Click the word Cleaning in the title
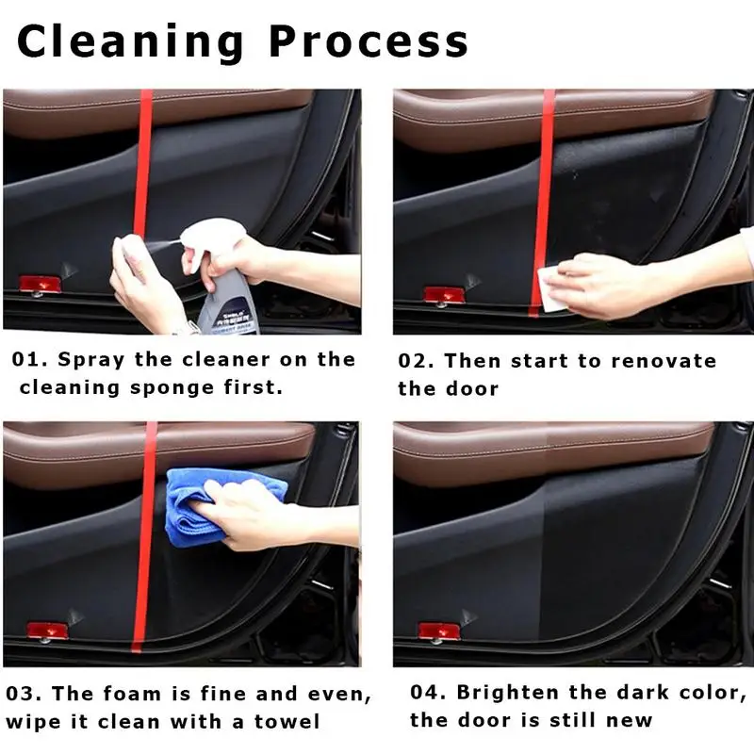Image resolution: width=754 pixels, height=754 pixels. [x=131, y=42]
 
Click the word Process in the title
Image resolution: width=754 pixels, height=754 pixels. [x=369, y=42]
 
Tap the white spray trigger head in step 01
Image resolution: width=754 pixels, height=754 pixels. [x=211, y=238]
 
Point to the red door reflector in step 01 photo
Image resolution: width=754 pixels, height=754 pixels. [x=41, y=284]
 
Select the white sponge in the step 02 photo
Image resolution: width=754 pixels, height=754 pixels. [x=553, y=289]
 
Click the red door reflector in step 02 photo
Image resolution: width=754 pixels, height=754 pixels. [x=444, y=294]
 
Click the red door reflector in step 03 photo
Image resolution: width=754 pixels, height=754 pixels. [x=47, y=630]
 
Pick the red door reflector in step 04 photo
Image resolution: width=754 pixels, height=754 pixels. [x=438, y=630]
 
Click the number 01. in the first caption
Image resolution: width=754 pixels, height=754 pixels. [x=30, y=360]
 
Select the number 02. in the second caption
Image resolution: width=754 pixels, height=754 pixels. [x=416, y=361]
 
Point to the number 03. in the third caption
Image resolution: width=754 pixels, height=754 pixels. [x=25, y=694]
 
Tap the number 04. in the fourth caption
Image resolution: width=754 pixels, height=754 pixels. [x=429, y=693]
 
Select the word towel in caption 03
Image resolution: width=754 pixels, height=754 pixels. [x=287, y=722]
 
